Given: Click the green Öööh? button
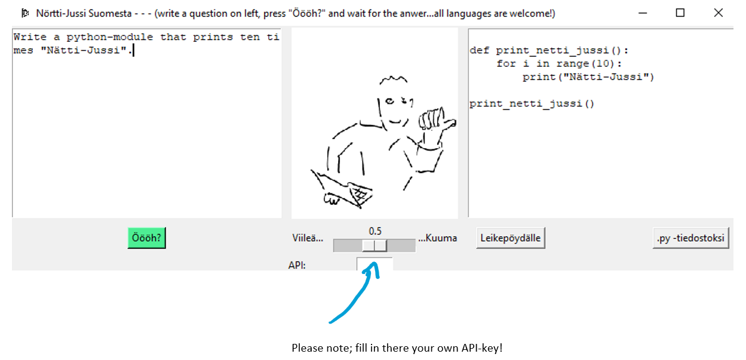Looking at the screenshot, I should [146, 238].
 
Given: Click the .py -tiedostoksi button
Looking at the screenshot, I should [690, 238].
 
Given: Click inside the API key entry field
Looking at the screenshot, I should [374, 263].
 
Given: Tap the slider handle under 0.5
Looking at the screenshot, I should [375, 245].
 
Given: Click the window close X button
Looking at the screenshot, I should [719, 13].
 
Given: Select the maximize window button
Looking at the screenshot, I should [680, 13].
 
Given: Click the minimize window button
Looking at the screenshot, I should [642, 13].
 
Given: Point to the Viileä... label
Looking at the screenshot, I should [308, 238].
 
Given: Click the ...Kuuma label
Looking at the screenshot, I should [437, 238].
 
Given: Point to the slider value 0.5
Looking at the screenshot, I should [375, 231].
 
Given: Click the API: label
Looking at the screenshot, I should [297, 264].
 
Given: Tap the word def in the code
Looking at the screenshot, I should [480, 51].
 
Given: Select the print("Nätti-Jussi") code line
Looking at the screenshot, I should [588, 77].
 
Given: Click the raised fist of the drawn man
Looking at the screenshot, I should [431, 119].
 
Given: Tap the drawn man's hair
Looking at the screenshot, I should [393, 81].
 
